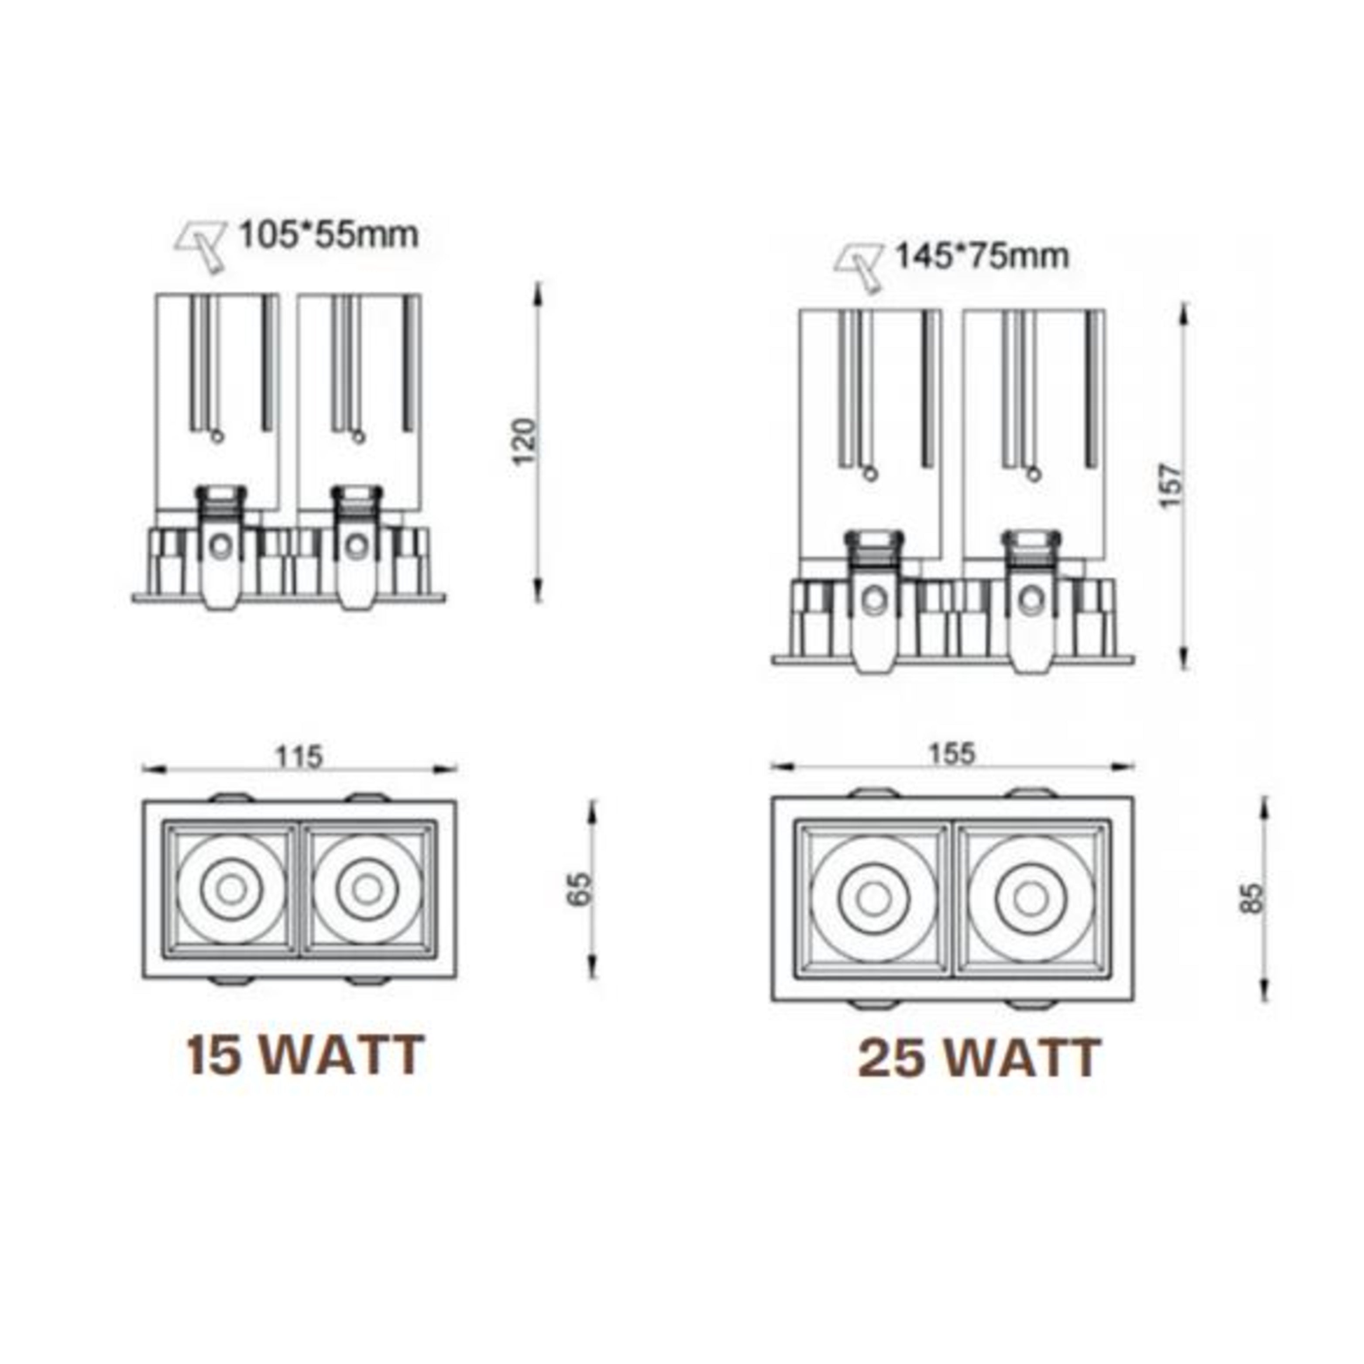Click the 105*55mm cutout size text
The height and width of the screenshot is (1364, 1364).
(x=329, y=235)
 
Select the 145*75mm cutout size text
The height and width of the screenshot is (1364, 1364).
(x=982, y=256)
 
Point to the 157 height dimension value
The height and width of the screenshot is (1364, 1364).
(x=1170, y=485)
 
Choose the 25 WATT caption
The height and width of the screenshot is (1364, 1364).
(x=979, y=1059)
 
